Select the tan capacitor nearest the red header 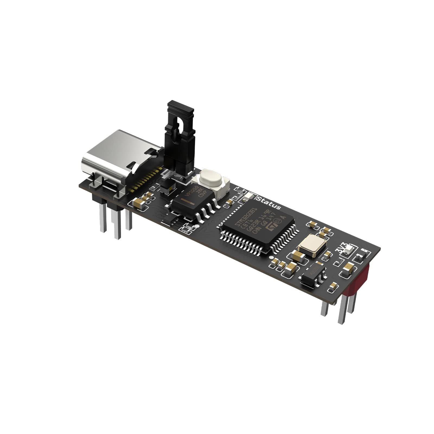(x=348, y=269)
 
